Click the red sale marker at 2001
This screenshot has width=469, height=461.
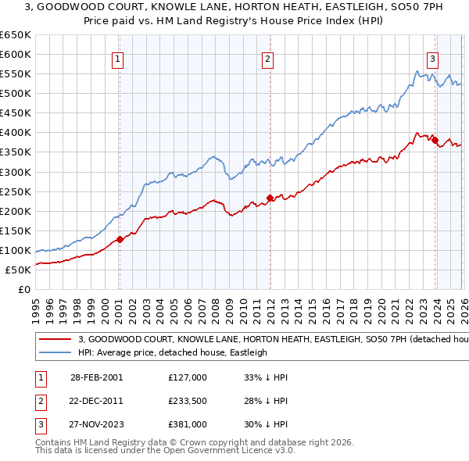120,239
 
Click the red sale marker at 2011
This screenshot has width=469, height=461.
270,198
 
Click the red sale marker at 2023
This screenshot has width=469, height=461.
435,140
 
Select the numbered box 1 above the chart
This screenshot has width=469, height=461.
117,58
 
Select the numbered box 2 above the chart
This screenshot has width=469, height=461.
267,58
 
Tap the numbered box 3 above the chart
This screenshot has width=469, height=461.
432,58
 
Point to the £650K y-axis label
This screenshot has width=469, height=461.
16,35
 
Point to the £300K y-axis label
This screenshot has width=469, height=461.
16,172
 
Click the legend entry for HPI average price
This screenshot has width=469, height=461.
172,352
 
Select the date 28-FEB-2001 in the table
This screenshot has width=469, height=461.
96,377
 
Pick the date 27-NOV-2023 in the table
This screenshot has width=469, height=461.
96,425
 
